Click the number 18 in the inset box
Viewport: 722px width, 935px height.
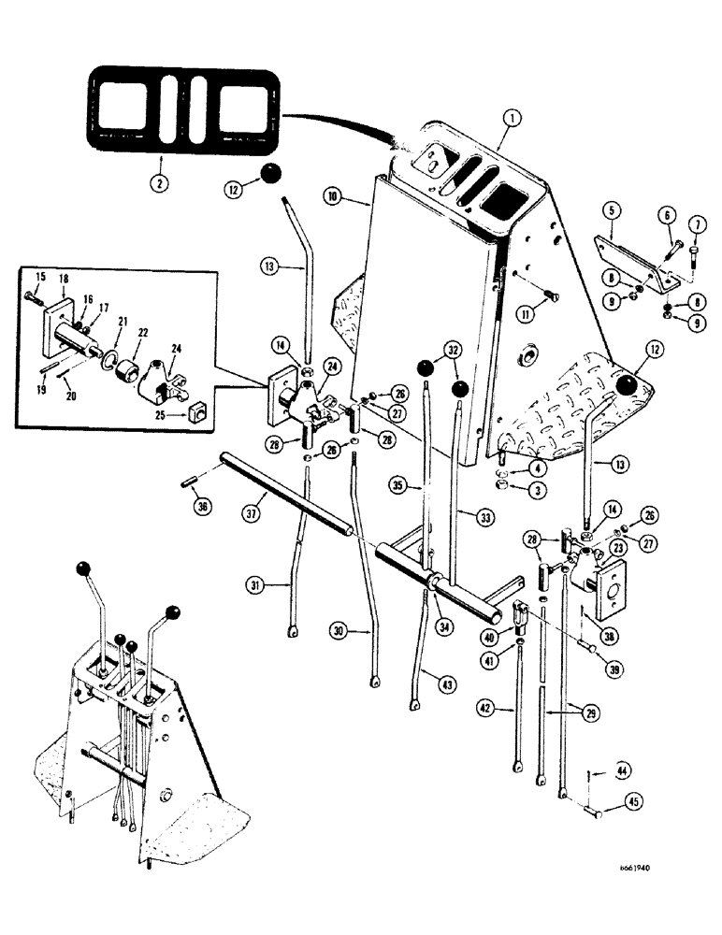[64, 278]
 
